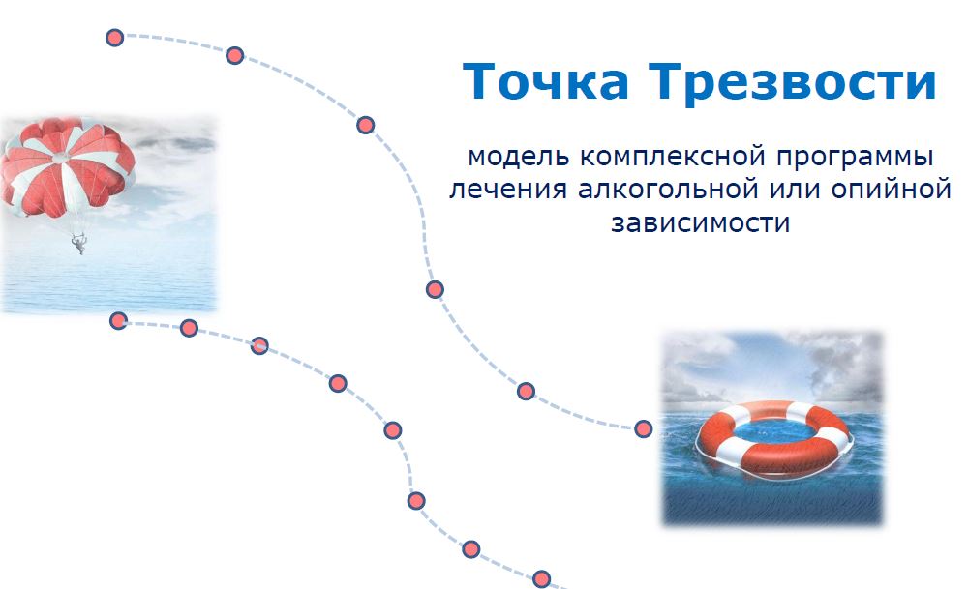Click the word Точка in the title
546,81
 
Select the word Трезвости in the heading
793,82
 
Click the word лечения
508,190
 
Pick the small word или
795,190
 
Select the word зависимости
701,222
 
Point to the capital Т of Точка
482,81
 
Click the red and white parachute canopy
68,166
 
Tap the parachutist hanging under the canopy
79,243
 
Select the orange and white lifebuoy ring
774,439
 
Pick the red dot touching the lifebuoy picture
644,428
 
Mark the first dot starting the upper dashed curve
115,38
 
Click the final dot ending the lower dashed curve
541,579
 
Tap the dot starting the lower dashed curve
118,321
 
